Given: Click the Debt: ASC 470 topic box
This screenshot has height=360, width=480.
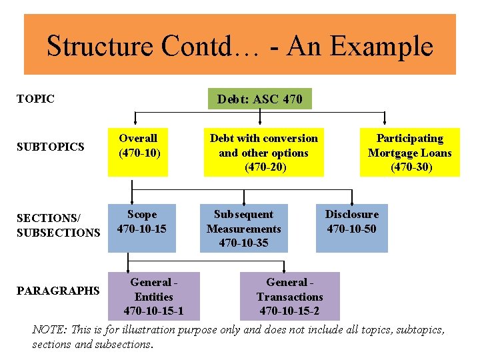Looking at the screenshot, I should pyautogui.click(x=259, y=99).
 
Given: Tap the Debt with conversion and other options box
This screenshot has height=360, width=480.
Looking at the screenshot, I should pyautogui.click(x=263, y=152).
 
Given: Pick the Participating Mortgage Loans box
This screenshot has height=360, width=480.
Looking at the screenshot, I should pyautogui.click(x=409, y=152).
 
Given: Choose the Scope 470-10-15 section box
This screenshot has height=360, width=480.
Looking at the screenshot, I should pyautogui.click(x=141, y=228).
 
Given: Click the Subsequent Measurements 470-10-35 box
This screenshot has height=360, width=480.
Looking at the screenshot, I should pyautogui.click(x=243, y=228).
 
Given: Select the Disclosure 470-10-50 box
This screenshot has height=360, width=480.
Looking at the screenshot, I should pyautogui.click(x=351, y=228).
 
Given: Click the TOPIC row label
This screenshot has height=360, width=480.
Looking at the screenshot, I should pyautogui.click(x=35, y=99).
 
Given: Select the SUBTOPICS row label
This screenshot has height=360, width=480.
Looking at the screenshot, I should pyautogui.click(x=51, y=146).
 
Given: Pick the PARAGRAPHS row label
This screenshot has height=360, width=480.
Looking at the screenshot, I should pyautogui.click(x=57, y=291).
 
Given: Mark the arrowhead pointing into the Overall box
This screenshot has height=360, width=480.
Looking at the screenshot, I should pyautogui.click(x=137, y=123).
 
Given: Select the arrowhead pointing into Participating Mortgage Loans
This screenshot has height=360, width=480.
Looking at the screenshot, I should pyautogui.click(x=385, y=123).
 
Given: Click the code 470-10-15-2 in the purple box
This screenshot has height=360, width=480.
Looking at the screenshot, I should pyautogui.click(x=289, y=311).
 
